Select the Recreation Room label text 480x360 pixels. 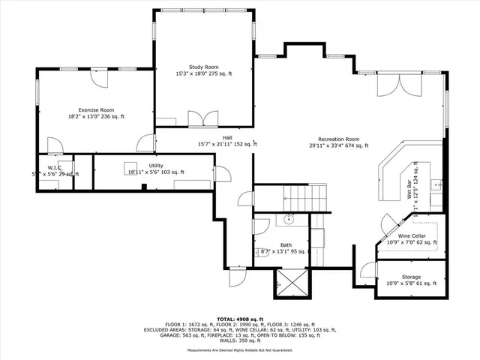pyautogui.click(x=338, y=139)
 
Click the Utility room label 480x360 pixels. pyautogui.click(x=156, y=165)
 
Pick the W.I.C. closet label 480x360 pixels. pyautogui.click(x=55, y=167)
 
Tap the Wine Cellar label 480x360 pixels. pyautogui.click(x=412, y=235)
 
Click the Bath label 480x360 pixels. pyautogui.click(x=286, y=245)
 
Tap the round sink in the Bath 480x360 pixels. pyautogui.click(x=289, y=220)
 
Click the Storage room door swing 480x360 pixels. pyautogui.click(x=367, y=272)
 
